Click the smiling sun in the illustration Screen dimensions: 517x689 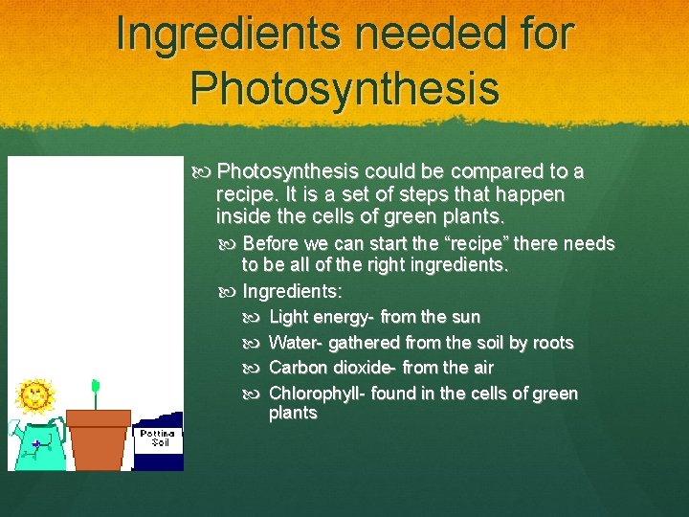click(35, 394)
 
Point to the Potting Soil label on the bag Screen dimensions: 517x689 click(156, 438)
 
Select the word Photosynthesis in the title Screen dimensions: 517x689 click(344, 87)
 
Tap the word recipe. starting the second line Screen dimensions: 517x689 click(247, 193)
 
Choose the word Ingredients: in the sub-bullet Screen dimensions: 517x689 click(293, 291)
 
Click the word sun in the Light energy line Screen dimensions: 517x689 click(465, 317)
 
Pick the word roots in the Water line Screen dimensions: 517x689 click(552, 343)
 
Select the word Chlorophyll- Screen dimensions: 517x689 click(318, 393)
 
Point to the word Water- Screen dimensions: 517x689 click(297, 343)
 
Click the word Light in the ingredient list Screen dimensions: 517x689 click(287, 317)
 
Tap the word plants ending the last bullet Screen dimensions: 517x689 click(293, 414)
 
